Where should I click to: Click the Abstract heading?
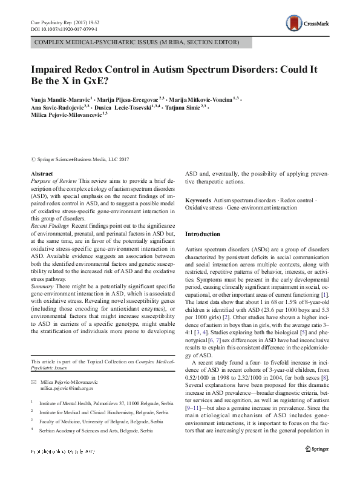point(41,174)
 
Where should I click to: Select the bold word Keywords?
point(198,200)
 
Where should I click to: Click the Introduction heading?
point(203,234)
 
